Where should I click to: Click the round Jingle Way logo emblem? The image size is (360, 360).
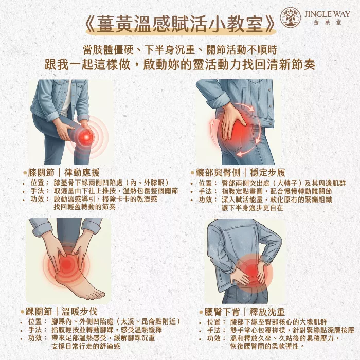(291, 17)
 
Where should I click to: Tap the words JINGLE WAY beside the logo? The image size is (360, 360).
(327, 14)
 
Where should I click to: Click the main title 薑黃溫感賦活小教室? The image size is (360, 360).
(180, 24)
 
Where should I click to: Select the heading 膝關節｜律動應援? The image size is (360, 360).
(64, 172)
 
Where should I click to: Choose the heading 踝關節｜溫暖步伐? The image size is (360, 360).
(61, 312)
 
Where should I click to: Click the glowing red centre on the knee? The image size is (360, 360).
(86, 137)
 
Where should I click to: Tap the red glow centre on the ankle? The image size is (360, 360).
(66, 264)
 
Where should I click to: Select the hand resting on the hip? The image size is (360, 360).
(232, 120)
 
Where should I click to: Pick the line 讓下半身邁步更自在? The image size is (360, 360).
(253, 208)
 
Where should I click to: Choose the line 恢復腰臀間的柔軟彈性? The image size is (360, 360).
(267, 346)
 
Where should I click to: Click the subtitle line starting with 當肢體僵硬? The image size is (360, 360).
(180, 50)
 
